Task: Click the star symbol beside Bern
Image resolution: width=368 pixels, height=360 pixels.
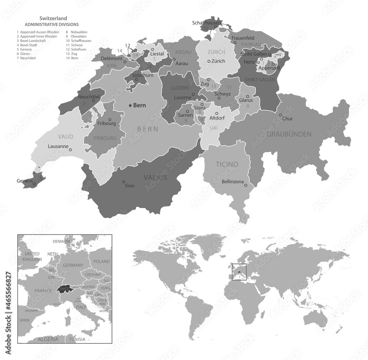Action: [x=130, y=106]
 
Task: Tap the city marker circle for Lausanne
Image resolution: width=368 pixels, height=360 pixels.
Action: [x=71, y=150]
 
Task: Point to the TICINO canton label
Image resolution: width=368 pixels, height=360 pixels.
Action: [x=227, y=164]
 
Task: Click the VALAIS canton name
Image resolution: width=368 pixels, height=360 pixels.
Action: [x=155, y=177]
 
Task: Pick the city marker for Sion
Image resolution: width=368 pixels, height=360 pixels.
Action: [x=124, y=181]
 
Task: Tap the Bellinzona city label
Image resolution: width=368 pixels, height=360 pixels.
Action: [x=233, y=182]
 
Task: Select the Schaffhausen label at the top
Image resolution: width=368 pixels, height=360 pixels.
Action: [x=206, y=23]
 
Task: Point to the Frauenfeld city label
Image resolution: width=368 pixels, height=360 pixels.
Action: [x=244, y=38]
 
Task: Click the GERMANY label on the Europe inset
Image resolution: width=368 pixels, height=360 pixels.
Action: [x=74, y=265]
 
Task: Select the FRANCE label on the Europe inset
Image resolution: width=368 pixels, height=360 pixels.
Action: [x=43, y=291]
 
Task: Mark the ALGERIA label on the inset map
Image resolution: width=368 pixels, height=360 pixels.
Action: [x=48, y=339]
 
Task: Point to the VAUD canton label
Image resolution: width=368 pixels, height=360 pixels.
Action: [x=65, y=136]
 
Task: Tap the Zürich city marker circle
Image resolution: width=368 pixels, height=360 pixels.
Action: [x=209, y=61]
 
